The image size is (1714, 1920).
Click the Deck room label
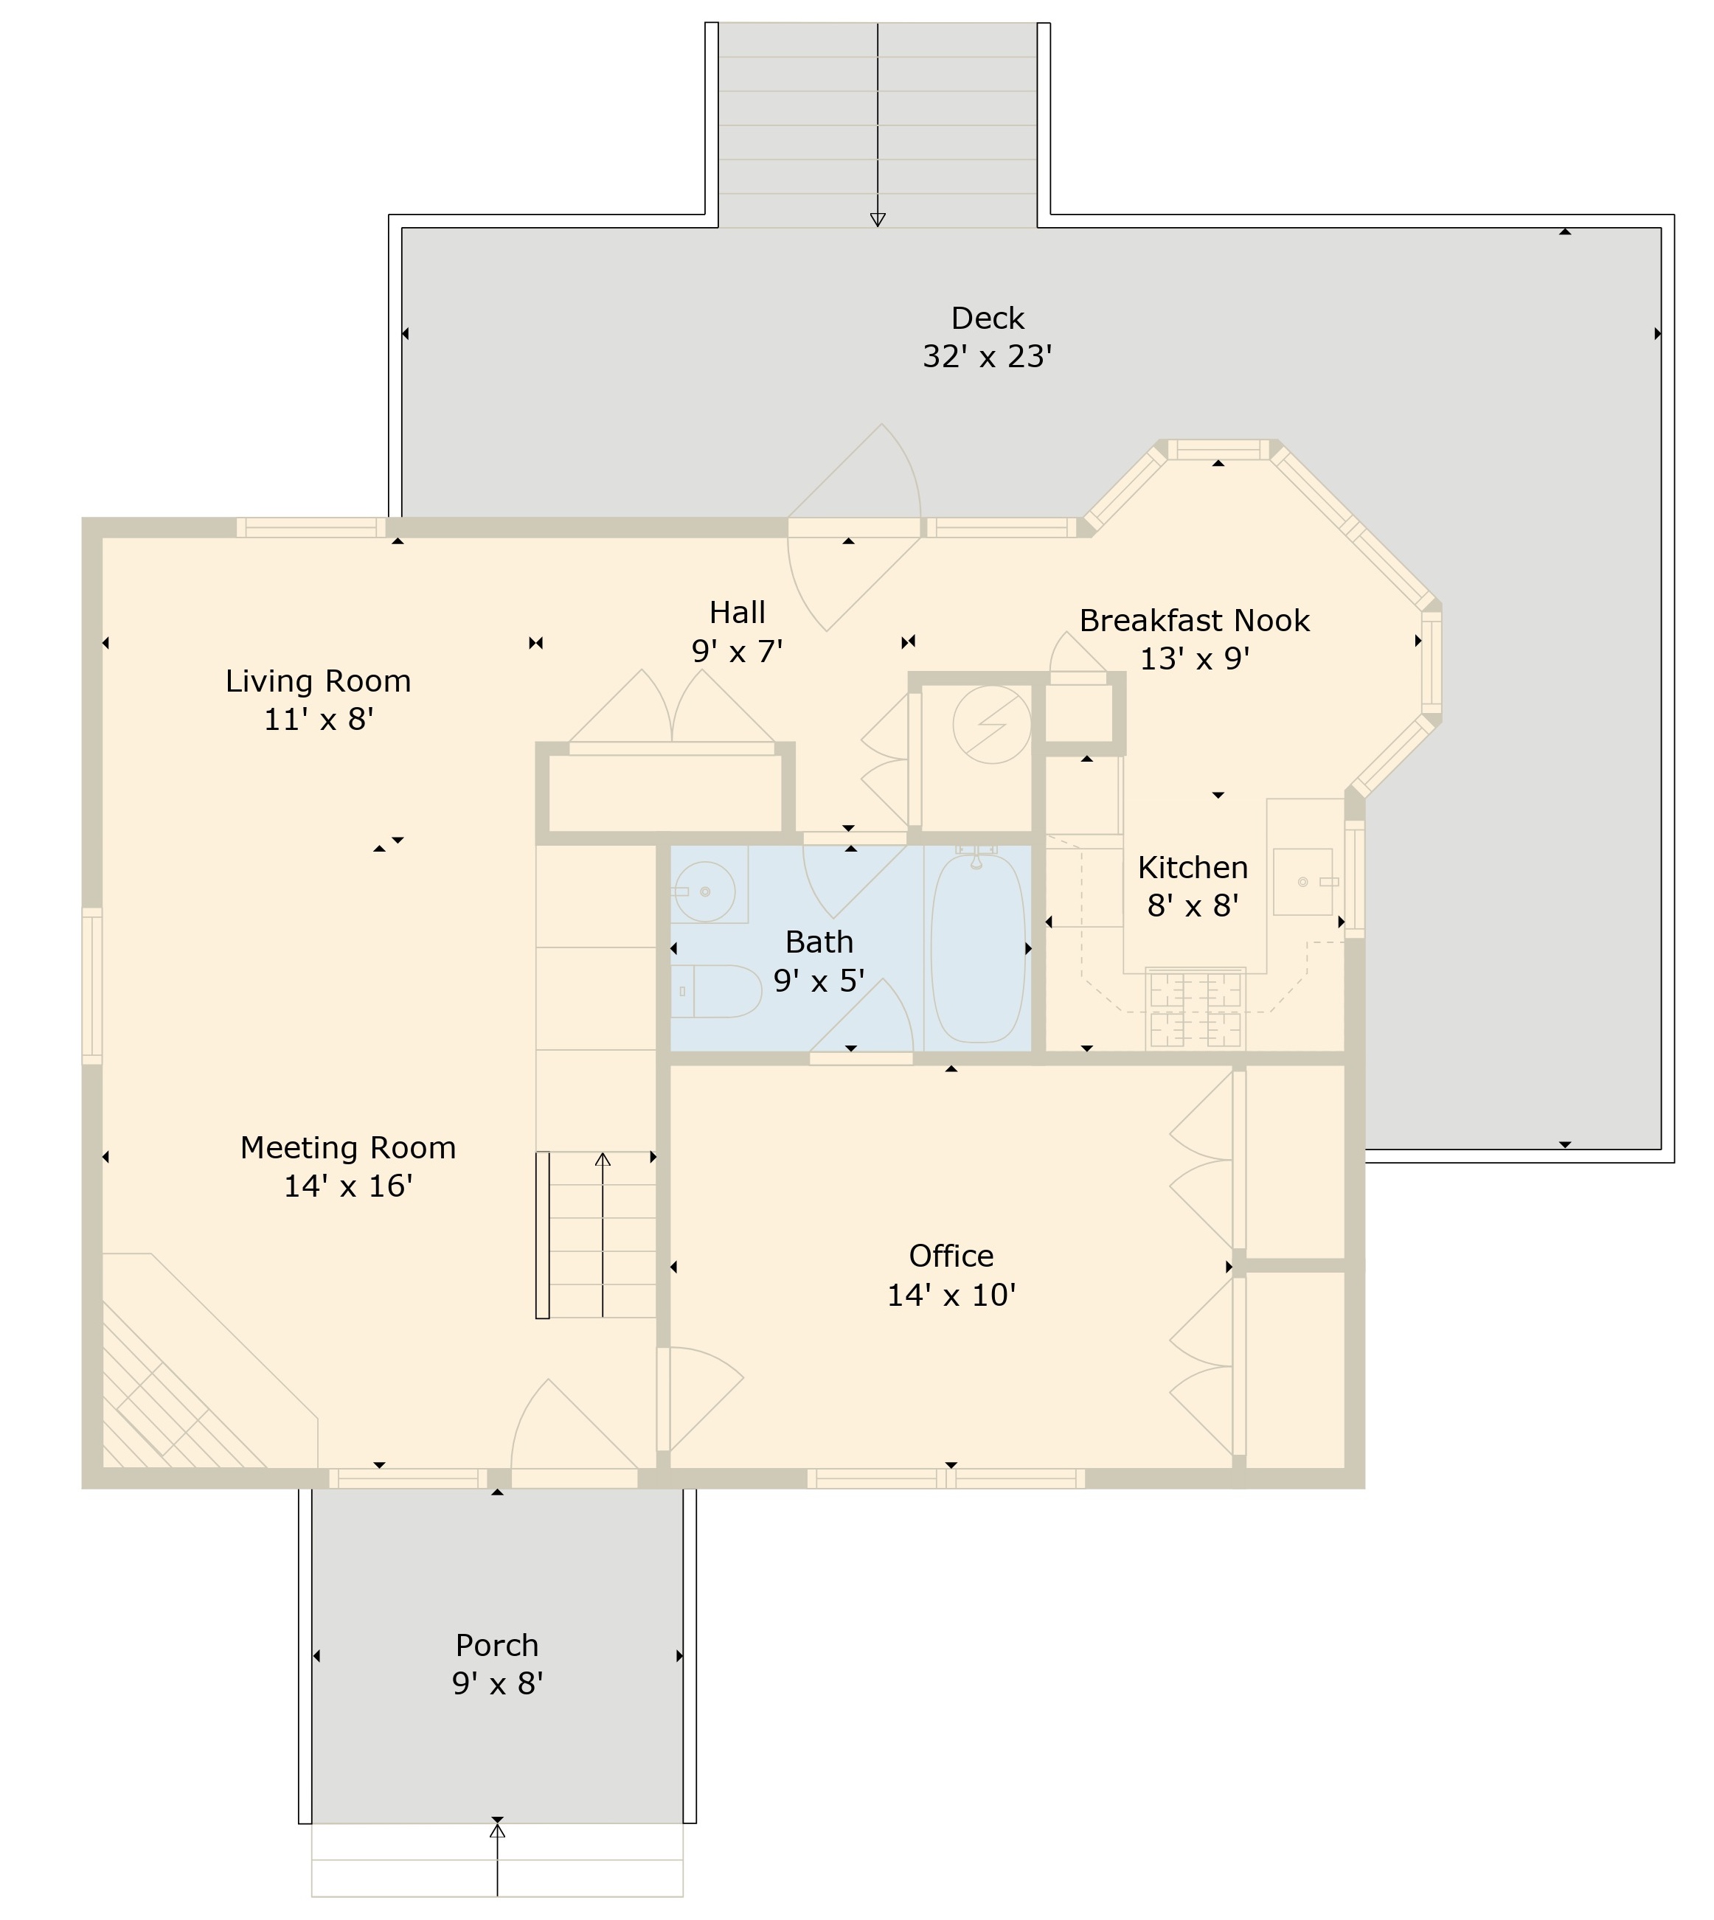[x=987, y=319]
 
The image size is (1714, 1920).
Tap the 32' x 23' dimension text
[x=987, y=357]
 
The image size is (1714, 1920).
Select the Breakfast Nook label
[x=1194, y=621]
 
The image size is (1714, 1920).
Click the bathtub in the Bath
[x=977, y=946]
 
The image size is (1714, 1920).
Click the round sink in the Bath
[x=704, y=891]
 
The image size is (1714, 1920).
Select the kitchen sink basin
[x=1303, y=881]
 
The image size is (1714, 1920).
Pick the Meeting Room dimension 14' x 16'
[x=348, y=1186]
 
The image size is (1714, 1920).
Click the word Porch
[x=497, y=1645]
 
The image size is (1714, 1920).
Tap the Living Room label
[x=319, y=681]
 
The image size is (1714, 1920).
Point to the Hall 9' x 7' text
[x=738, y=650]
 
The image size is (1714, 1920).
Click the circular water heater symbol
[x=992, y=724]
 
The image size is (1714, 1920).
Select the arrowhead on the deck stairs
[x=878, y=220]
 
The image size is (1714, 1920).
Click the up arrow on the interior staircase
[x=603, y=1160]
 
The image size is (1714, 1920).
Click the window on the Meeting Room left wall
[x=91, y=986]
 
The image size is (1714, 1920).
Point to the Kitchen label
[x=1193, y=867]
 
